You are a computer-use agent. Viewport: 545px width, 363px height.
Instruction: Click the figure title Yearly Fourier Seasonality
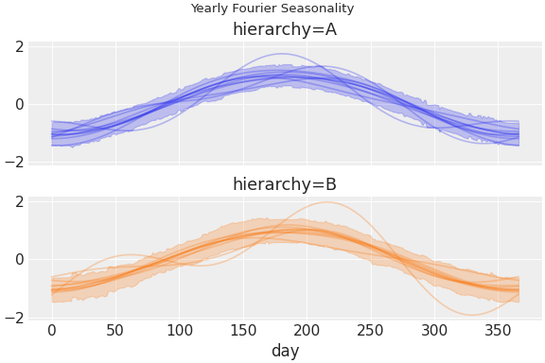click(x=272, y=9)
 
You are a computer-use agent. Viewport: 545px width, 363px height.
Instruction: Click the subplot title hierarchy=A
click(x=285, y=30)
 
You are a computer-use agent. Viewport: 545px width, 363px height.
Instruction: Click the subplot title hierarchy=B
click(x=285, y=185)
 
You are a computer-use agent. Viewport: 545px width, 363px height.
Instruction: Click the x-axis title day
click(x=285, y=351)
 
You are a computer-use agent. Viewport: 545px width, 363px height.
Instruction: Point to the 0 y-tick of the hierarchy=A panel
click(x=17, y=105)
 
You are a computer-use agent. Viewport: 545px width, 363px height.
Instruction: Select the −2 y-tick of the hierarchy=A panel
click(x=13, y=163)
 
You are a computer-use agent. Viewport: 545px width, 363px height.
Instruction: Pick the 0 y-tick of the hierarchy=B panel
click(x=17, y=260)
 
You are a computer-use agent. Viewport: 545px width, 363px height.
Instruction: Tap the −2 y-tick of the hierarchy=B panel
click(x=13, y=318)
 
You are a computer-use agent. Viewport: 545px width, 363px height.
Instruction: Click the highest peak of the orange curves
click(x=327, y=202)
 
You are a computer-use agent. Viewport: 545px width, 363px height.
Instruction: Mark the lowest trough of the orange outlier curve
click(x=471, y=315)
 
